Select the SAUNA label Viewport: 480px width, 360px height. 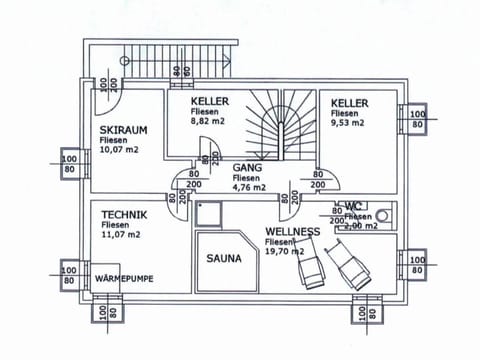[x=224, y=258]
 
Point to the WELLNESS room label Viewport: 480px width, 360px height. [x=292, y=232]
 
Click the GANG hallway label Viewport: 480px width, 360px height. [x=247, y=168]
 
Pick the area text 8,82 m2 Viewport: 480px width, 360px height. [x=209, y=121]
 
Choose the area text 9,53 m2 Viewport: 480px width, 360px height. [x=349, y=122]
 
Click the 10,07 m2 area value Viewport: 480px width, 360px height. [x=119, y=151]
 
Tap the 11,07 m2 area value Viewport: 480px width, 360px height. [x=121, y=235]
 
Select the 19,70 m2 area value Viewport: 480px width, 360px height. [x=284, y=253]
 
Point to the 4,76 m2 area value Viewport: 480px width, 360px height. [x=249, y=187]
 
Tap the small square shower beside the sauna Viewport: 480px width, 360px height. [x=209, y=213]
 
